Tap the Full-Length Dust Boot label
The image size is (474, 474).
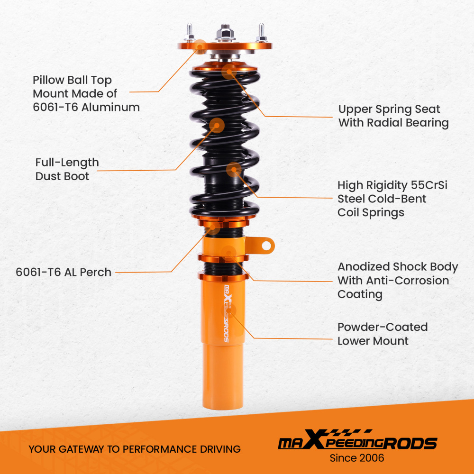(x=67, y=169)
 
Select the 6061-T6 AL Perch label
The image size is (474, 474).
(x=64, y=272)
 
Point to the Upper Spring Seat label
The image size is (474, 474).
(x=393, y=116)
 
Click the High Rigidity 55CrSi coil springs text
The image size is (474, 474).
(x=392, y=199)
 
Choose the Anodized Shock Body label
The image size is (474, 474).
(x=397, y=280)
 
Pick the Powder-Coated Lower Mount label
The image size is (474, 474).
(x=382, y=334)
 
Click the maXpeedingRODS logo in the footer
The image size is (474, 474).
(x=357, y=443)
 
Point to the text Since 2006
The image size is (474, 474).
(x=357, y=458)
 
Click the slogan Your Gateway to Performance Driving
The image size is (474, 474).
(x=135, y=449)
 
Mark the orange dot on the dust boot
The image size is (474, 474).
(x=217, y=126)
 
